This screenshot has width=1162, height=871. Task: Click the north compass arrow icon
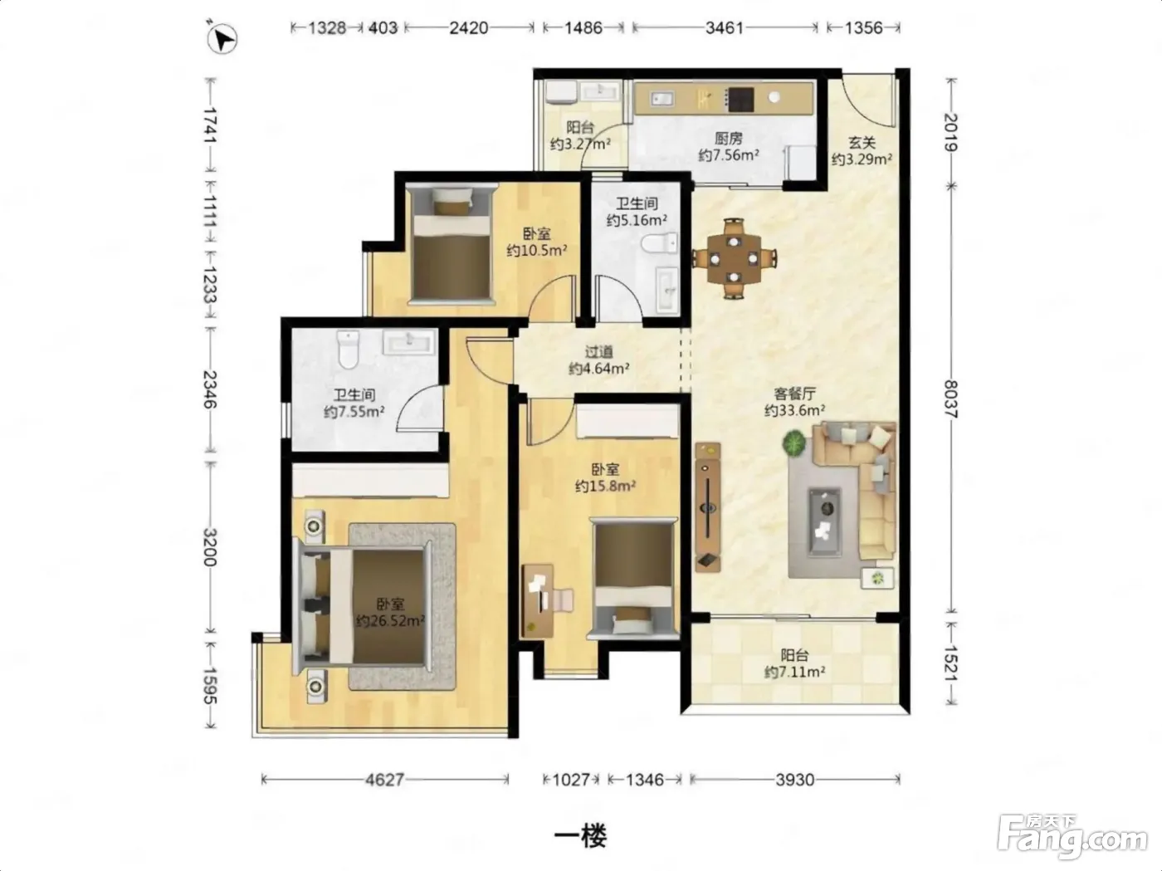point(222,39)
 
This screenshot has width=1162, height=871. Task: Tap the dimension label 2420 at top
point(468,27)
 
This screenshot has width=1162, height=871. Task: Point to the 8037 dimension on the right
point(951,399)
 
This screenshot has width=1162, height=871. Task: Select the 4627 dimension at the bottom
point(385,780)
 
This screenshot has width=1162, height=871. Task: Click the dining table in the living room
point(733,258)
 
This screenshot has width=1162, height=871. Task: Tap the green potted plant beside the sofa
point(794,443)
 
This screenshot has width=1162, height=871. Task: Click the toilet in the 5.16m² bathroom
point(659,244)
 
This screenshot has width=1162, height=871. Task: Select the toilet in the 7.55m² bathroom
point(349,350)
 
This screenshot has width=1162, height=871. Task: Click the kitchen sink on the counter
point(662,99)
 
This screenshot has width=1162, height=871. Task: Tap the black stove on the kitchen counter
point(740,99)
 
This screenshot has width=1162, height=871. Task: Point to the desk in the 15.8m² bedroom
point(538,600)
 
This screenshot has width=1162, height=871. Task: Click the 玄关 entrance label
point(862,142)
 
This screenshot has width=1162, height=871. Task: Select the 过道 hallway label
point(598,351)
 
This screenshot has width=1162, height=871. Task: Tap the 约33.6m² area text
point(794,410)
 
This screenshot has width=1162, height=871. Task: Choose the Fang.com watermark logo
point(1072,836)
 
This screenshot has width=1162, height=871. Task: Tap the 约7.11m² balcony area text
point(794,672)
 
